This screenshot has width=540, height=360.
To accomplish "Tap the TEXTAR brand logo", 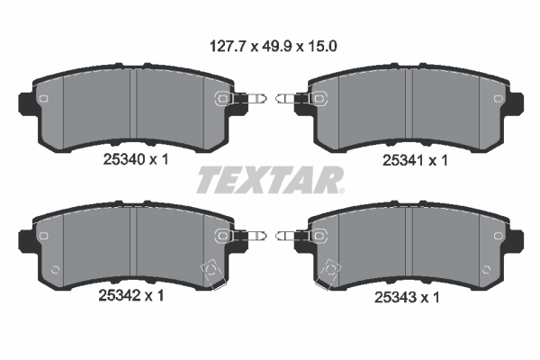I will [268, 179].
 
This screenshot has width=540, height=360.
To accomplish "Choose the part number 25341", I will [400, 157].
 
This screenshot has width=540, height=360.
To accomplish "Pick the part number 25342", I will [116, 293].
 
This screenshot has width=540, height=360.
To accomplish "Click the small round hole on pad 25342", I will [56, 267].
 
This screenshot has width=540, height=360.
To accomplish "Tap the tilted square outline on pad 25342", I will [213, 270].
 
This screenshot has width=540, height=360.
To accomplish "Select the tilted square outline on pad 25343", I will [330, 270].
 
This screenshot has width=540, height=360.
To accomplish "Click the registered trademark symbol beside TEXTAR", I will [340, 189].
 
